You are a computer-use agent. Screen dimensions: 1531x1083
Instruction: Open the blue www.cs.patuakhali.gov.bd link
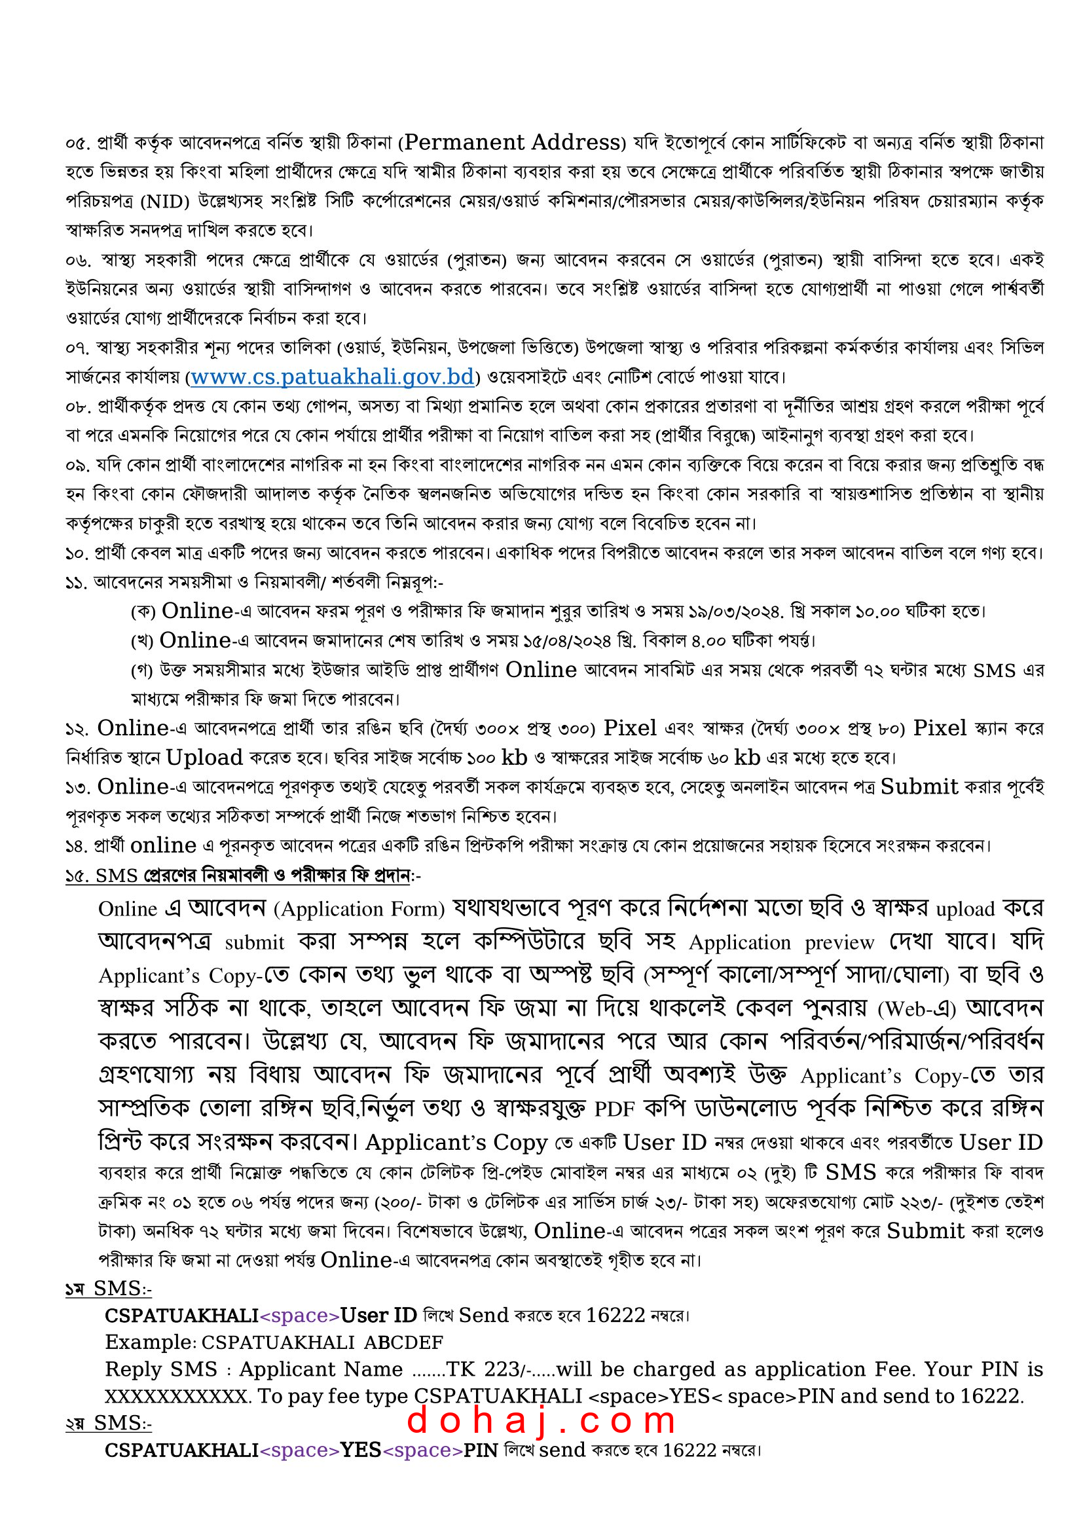click(332, 377)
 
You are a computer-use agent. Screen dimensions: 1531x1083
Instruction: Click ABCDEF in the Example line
click(403, 1342)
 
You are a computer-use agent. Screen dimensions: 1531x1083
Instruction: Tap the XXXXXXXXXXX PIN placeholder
click(176, 1395)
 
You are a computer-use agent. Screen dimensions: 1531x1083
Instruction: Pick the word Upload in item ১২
click(204, 758)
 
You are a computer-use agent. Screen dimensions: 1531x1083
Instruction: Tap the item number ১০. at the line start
click(77, 553)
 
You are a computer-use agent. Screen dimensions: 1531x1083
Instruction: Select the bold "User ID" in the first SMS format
click(378, 1315)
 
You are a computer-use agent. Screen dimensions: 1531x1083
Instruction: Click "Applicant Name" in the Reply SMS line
click(321, 1369)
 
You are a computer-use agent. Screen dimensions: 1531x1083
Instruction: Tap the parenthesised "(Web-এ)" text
click(915, 1009)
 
